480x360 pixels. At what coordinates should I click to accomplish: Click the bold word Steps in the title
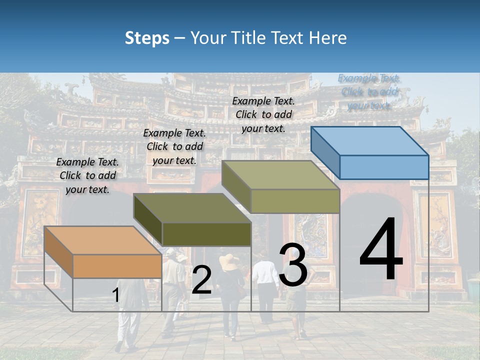coord(147,38)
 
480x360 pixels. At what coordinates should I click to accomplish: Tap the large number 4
coord(381,249)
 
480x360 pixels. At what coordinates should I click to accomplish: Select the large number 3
coord(293,265)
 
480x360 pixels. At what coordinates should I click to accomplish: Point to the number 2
coord(201,280)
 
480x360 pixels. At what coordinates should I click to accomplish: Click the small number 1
coord(115,295)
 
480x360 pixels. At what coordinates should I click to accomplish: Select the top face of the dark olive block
coord(191,207)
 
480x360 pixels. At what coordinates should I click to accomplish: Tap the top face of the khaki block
coord(280,175)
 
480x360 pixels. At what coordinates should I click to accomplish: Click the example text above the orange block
coord(88,175)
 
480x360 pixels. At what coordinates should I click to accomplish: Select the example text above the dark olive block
coord(174,146)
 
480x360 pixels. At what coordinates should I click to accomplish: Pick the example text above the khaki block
coord(263,114)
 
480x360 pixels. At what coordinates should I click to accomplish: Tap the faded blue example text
coord(369,91)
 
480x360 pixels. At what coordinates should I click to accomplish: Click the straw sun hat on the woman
coord(229,262)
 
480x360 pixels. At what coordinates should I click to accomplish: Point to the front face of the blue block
coord(384,167)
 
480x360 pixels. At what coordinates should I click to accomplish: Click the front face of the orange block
coord(117,266)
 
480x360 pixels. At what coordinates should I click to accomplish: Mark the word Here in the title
coord(328,38)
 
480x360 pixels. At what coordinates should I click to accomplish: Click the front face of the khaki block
coord(295,201)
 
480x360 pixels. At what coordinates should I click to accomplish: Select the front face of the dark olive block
coord(206,234)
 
